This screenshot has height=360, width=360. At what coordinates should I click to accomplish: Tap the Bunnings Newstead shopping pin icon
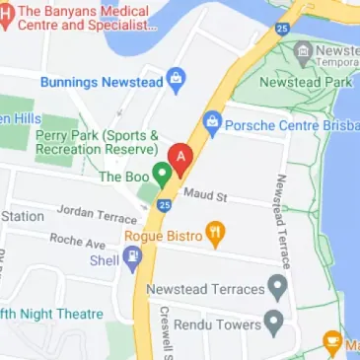coord(177,78)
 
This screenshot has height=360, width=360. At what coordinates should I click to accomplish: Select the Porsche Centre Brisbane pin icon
coord(211,122)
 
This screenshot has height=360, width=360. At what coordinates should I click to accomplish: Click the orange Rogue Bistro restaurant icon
coord(216,235)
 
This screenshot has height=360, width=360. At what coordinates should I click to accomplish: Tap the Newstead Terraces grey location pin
coord(278,289)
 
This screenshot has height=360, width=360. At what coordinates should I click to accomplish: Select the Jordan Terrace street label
coord(96,213)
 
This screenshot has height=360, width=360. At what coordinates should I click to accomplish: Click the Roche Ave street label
coord(77,240)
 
